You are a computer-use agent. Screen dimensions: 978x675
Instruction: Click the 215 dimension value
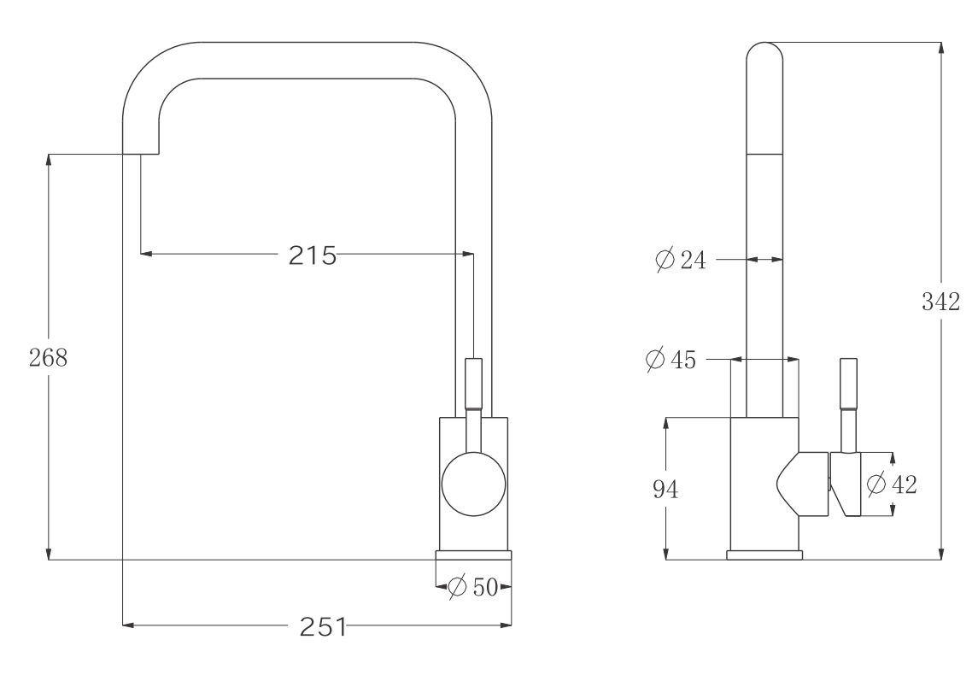[x=312, y=255]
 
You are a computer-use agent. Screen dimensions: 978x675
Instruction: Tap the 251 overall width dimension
[x=323, y=626]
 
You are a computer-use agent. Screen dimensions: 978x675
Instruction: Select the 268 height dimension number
[x=48, y=357]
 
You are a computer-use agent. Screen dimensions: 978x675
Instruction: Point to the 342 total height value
[x=940, y=302]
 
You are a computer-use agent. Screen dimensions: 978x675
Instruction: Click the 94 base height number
[x=665, y=489]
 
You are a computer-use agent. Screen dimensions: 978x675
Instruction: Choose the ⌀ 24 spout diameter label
[x=681, y=259]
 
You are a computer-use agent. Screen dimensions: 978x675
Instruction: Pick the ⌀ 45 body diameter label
[x=671, y=360]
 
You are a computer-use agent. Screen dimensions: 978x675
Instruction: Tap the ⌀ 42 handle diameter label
[x=892, y=484]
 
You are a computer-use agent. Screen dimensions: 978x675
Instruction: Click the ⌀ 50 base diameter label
[x=473, y=587]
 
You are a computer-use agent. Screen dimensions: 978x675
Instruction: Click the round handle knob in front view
[x=473, y=484]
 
